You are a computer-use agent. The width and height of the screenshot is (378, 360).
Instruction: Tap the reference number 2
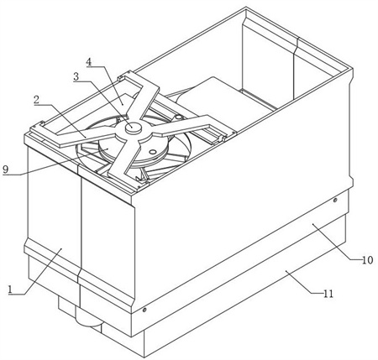point(36,100)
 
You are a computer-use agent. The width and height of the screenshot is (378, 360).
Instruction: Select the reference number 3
point(76,76)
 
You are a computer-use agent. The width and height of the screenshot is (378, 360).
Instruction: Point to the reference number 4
point(88,62)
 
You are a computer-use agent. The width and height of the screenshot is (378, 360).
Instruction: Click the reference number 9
point(6,170)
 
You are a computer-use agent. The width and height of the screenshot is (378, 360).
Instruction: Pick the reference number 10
point(367,260)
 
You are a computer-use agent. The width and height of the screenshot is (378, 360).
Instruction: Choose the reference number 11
point(328,294)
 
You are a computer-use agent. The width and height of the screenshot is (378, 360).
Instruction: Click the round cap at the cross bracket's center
point(134,128)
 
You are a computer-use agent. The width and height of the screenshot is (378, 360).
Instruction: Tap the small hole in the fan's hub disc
point(153,152)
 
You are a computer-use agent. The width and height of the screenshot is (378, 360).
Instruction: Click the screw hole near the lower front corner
point(144,310)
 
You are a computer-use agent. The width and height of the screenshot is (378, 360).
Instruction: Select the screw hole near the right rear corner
point(335,200)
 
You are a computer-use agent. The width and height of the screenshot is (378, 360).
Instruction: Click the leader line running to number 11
point(304,282)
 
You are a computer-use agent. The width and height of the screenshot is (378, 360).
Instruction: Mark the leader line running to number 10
point(337,242)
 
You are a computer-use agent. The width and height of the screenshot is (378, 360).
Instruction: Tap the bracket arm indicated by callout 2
point(85,137)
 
